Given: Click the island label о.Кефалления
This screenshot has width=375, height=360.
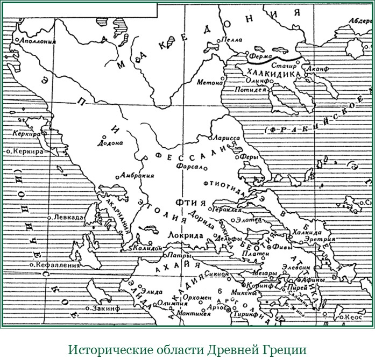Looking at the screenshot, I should click(56, 265).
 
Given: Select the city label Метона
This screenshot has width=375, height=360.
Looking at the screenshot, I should click(210, 83).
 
